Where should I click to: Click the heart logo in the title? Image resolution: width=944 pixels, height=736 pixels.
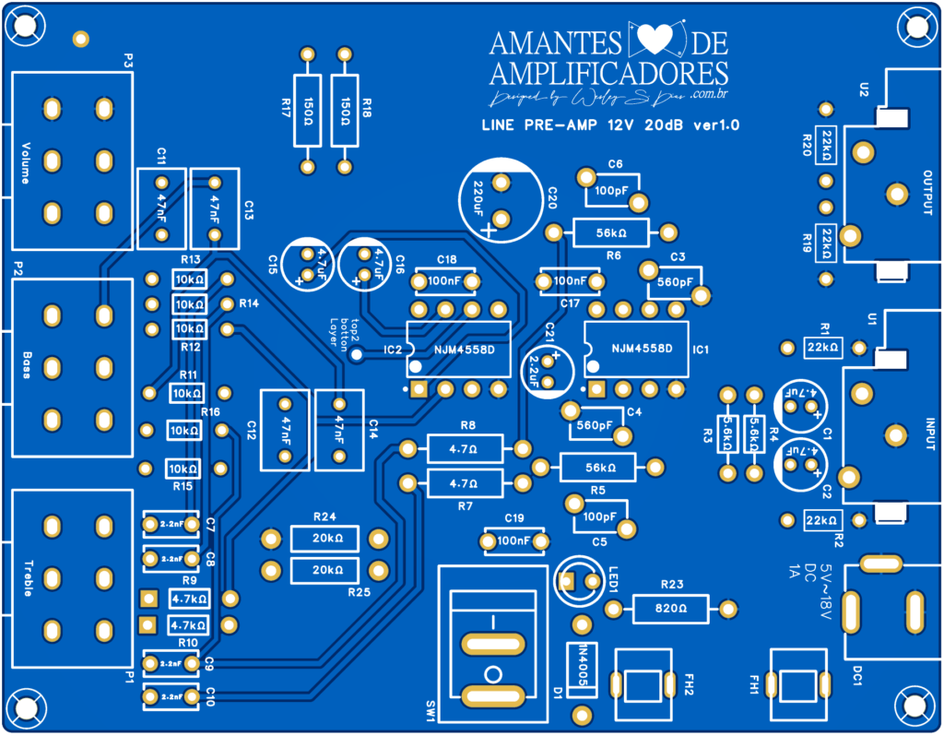(658, 41)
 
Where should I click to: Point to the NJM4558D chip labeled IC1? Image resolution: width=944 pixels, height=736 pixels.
(636, 350)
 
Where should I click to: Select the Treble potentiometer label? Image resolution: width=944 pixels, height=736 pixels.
(27, 577)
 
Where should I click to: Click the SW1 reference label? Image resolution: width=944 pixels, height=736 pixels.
(431, 709)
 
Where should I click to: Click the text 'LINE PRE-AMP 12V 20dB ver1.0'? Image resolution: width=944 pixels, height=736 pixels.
(610, 125)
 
